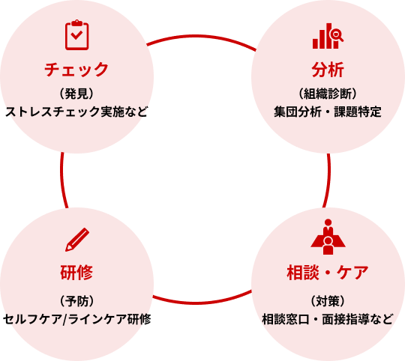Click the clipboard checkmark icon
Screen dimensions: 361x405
pyautogui.click(x=76, y=34)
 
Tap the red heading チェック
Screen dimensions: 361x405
pyautogui.click(x=76, y=70)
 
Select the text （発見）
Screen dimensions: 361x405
pyautogui.click(x=76, y=94)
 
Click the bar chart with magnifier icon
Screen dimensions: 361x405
pyautogui.click(x=328, y=35)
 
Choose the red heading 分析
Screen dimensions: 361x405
pyautogui.click(x=328, y=70)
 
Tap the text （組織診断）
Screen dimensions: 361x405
pyautogui.click(x=328, y=94)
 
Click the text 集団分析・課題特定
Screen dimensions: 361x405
pyautogui.click(x=328, y=112)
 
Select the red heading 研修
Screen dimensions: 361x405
pyautogui.click(x=76, y=273)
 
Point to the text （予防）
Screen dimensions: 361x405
pyautogui.click(x=76, y=302)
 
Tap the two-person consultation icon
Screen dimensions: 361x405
pyautogui.click(x=328, y=237)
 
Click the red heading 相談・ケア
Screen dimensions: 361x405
pyautogui.click(x=328, y=273)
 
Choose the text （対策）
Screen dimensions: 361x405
pyautogui.click(x=328, y=302)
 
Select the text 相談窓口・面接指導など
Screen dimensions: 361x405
pyautogui.click(x=328, y=319)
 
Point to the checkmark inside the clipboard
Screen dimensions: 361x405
pyautogui.click(x=76, y=36)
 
